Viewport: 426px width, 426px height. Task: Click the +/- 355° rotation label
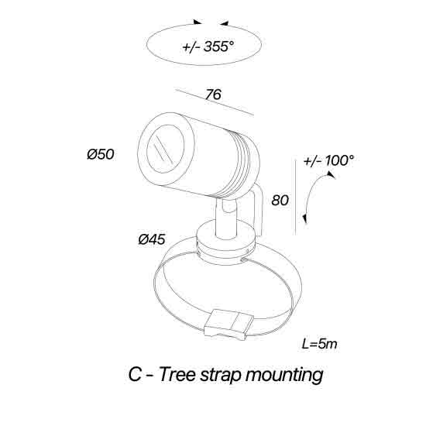pyautogui.click(x=208, y=46)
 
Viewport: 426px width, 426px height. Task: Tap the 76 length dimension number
pyautogui.click(x=213, y=94)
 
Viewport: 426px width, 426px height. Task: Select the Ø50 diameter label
pyautogui.click(x=101, y=154)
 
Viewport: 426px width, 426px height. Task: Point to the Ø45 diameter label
pyautogui.click(x=152, y=239)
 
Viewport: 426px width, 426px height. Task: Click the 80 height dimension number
pyautogui.click(x=280, y=201)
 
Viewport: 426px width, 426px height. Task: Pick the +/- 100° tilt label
pyautogui.click(x=328, y=160)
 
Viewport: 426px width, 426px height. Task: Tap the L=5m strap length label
pyautogui.click(x=319, y=344)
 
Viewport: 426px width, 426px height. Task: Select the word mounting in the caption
pyautogui.click(x=284, y=375)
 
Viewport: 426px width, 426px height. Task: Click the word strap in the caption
pyautogui.click(x=220, y=375)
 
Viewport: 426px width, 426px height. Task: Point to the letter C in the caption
pyautogui.click(x=135, y=374)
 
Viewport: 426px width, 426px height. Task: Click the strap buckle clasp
pyautogui.click(x=228, y=325)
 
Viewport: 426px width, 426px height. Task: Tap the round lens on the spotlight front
pyautogui.click(x=165, y=149)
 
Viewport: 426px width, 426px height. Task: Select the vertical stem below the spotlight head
pyautogui.click(x=226, y=219)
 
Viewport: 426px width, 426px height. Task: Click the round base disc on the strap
pyautogui.click(x=226, y=242)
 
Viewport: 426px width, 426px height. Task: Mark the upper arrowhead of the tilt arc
pyautogui.click(x=332, y=174)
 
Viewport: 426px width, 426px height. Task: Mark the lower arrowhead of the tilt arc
pyautogui.click(x=305, y=218)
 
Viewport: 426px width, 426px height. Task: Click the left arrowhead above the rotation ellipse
pyautogui.click(x=198, y=22)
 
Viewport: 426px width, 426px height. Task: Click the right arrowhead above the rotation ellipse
pyautogui.click(x=225, y=23)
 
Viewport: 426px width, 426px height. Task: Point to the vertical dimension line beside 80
pyautogui.click(x=296, y=197)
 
